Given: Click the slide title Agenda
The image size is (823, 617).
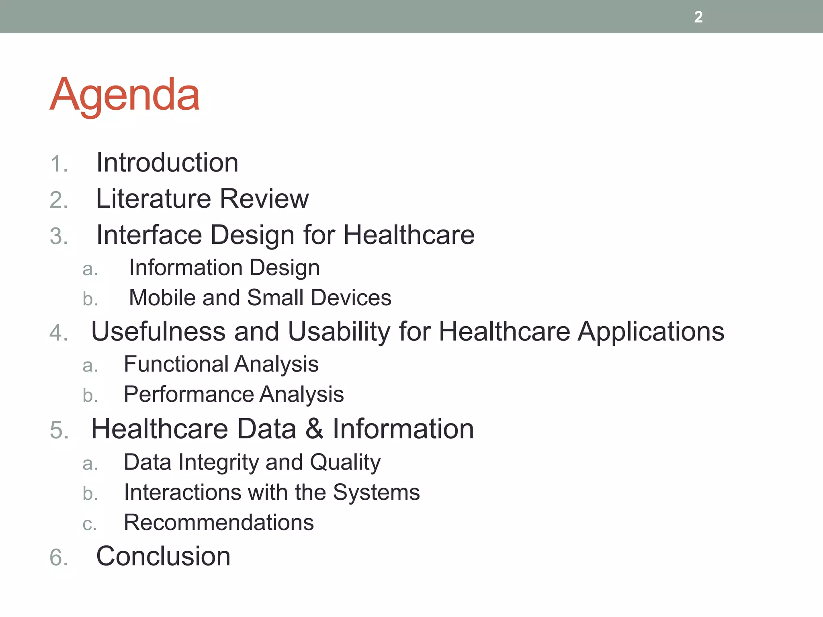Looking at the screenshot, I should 125,95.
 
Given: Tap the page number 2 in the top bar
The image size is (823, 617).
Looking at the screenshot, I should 698,17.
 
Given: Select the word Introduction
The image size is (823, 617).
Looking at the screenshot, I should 167,163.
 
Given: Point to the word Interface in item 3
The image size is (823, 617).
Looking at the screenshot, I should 149,235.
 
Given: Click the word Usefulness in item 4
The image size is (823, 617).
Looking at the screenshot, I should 158,332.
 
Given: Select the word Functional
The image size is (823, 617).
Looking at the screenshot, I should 176,364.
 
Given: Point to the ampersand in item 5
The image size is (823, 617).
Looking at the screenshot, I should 314,429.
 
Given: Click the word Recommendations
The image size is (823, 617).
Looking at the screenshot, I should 219,523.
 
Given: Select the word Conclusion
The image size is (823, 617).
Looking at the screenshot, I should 163,556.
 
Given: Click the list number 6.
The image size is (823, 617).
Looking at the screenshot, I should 59,558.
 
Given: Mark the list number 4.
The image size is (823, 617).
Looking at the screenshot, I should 59,333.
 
